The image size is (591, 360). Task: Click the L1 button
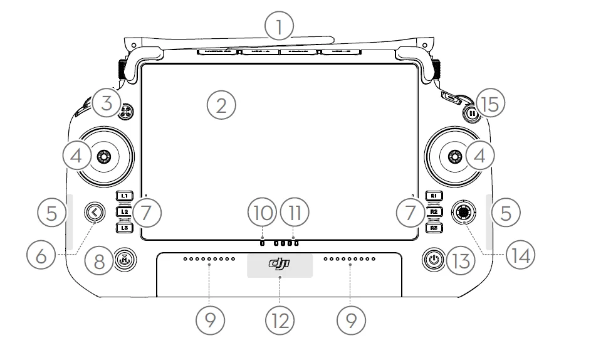(x=124, y=196)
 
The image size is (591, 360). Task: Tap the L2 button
(x=124, y=212)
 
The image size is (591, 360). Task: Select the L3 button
(x=124, y=228)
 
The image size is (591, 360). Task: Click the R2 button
(x=434, y=212)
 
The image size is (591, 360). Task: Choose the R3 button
(x=434, y=228)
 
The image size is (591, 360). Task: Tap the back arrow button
(x=95, y=213)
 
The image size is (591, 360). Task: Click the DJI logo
(x=280, y=265)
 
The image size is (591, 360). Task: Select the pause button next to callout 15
(x=471, y=114)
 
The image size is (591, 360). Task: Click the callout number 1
(x=280, y=28)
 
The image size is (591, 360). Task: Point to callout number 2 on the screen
(x=221, y=105)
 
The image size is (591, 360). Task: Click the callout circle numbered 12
(x=280, y=320)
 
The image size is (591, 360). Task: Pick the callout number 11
(x=295, y=212)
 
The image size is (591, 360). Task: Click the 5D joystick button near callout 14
(x=463, y=213)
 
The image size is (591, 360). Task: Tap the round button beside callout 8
(x=124, y=258)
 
